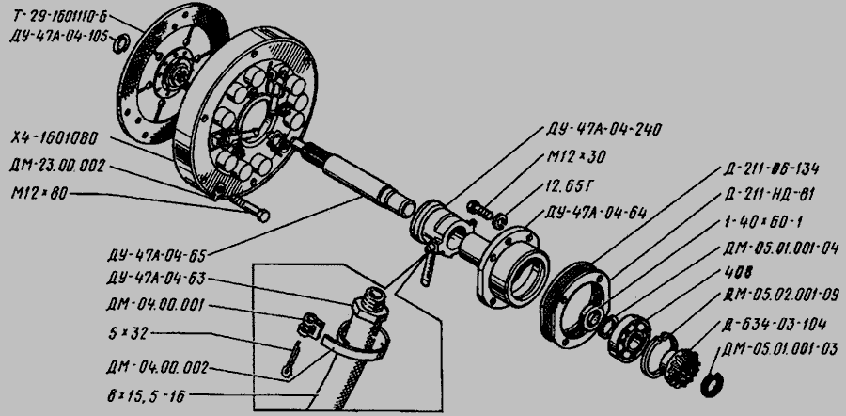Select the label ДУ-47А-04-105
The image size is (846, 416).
[59, 37]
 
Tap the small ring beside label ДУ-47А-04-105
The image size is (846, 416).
[120, 43]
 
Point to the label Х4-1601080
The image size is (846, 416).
[55, 138]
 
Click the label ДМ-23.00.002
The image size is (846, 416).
[57, 167]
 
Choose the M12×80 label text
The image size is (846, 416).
[39, 193]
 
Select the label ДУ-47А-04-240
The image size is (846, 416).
[603, 130]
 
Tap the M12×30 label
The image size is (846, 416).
[576, 157]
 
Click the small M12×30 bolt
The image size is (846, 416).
[479, 209]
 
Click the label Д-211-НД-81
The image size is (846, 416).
[769, 195]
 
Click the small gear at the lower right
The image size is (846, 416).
[683, 366]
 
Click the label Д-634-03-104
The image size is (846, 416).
[774, 324]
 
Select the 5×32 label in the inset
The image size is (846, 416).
[128, 333]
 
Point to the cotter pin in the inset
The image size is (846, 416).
[290, 360]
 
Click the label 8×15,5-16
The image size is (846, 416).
[147, 397]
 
